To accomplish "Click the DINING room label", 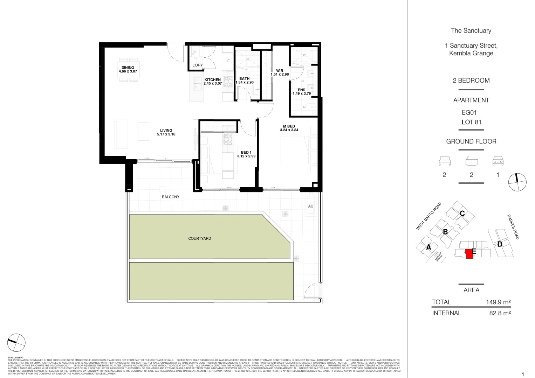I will point(128,68).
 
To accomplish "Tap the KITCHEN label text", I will point(212,80).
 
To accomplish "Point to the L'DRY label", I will point(198,65).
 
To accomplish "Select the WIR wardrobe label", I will point(280,71).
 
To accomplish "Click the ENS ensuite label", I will point(301,90).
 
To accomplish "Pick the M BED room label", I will point(289,126).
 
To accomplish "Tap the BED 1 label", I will point(246,152).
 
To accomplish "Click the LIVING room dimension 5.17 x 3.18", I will point(166,134).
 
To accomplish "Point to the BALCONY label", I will point(171,197).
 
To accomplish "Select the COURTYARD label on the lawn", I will point(200,238).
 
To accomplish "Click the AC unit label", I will point(310,206).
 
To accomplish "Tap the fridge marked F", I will point(228,61).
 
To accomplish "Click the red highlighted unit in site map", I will point(469,254).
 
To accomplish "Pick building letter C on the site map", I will point(462,213).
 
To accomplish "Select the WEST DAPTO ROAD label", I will point(428,216).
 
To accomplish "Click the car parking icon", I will point(498,161).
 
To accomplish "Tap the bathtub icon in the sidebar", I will point(471,161).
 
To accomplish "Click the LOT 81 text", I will point(471,122).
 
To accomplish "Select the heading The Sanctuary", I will point(471,31).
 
